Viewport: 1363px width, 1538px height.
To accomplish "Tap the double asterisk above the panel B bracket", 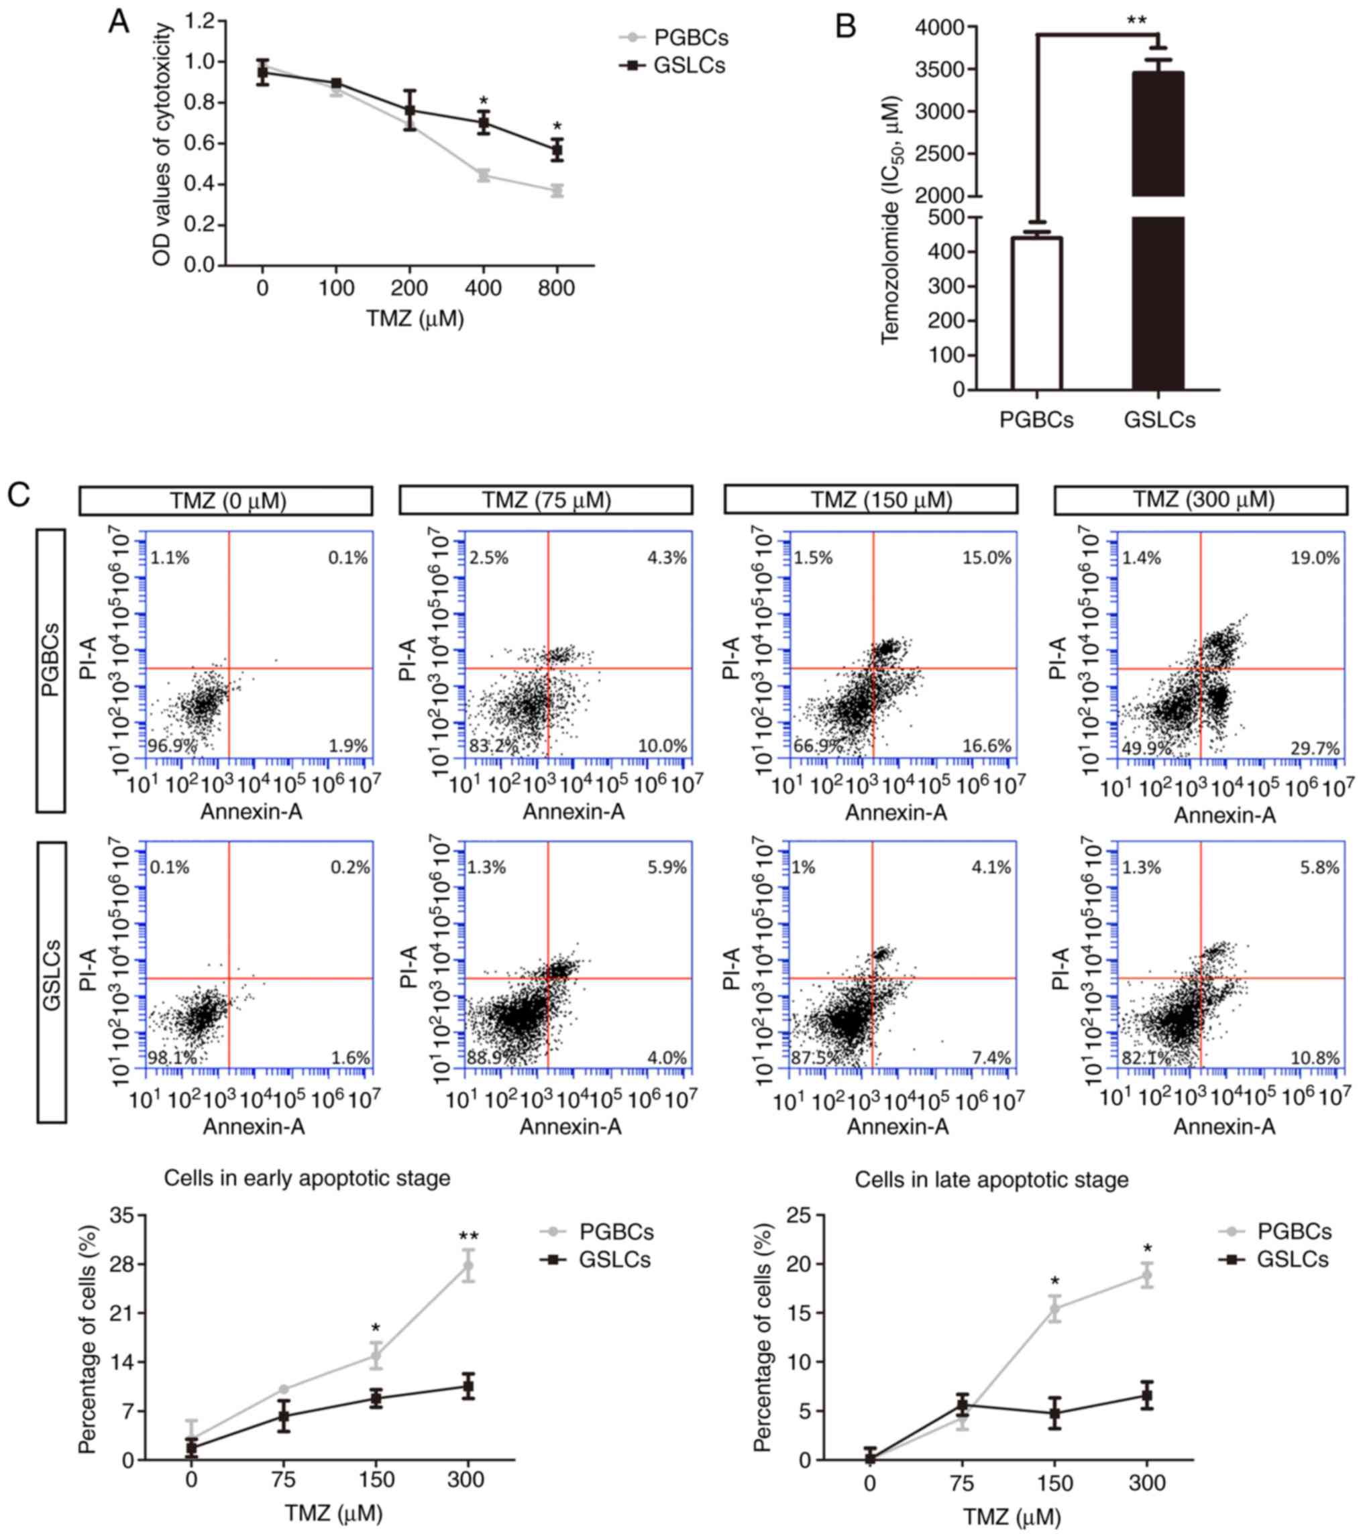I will tap(1136, 20).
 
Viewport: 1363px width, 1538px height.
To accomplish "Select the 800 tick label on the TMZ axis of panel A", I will tap(557, 288).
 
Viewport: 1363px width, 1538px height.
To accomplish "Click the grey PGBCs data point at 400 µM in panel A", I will tap(483, 175).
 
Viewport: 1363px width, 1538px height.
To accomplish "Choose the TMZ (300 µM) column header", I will tap(1201, 500).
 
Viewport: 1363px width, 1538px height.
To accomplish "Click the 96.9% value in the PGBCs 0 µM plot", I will tap(172, 746).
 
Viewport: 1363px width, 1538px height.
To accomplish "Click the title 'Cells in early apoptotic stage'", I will tap(307, 1179).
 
